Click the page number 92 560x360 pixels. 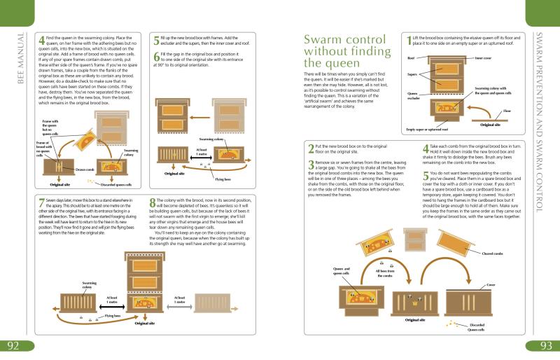click(x=13, y=346)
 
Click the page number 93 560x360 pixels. click(x=546, y=346)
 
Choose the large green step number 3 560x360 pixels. click(x=311, y=165)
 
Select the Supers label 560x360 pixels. click(x=412, y=73)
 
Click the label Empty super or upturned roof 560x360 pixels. click(x=428, y=130)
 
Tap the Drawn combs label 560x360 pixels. click(x=85, y=169)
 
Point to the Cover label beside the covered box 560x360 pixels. click(x=510, y=286)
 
